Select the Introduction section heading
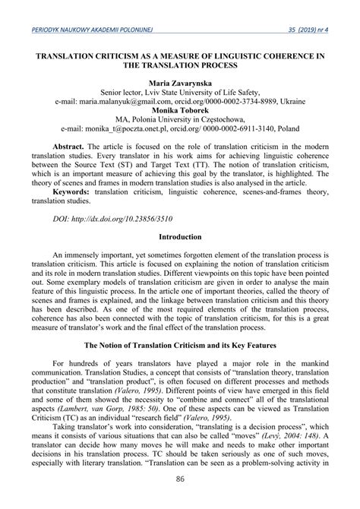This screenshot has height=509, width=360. (x=180, y=258)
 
